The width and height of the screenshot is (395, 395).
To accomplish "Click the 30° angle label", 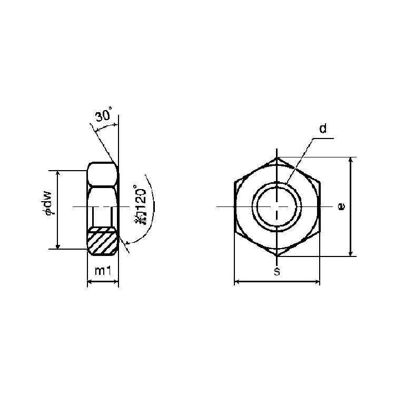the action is coord(103,115).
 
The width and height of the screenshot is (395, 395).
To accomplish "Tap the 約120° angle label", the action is coord(140,204).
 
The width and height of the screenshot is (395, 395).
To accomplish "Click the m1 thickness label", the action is coord(103,271).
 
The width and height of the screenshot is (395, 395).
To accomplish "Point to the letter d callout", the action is coord(323,129).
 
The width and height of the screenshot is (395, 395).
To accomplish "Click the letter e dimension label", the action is coord(341,206).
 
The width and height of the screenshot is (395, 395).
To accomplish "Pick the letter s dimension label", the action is coord(277,272).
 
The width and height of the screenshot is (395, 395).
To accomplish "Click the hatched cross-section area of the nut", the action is coord(103,241).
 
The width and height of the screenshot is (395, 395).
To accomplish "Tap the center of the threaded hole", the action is coord(277,206).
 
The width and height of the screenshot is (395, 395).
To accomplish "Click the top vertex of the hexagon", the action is coord(277,157).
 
